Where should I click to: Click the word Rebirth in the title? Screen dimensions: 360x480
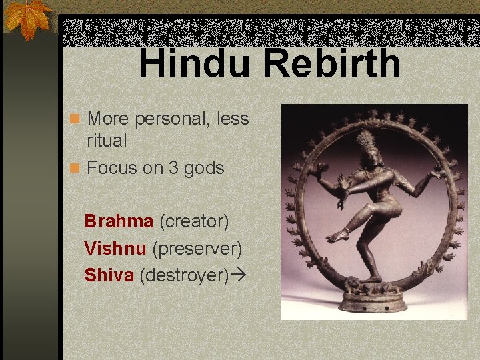(331, 63)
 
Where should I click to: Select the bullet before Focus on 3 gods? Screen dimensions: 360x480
(76, 168)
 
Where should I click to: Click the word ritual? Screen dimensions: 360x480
(107, 141)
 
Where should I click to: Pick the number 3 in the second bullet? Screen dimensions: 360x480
(173, 168)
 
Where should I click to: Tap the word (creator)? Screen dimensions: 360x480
(194, 221)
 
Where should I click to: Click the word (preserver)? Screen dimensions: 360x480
(197, 248)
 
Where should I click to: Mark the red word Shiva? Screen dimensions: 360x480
(109, 275)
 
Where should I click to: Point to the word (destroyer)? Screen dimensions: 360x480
(184, 275)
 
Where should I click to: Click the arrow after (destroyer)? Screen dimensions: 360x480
(236, 275)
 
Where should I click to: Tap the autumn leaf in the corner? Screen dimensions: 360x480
(27, 18)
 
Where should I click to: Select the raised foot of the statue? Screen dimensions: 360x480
(339, 235)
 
